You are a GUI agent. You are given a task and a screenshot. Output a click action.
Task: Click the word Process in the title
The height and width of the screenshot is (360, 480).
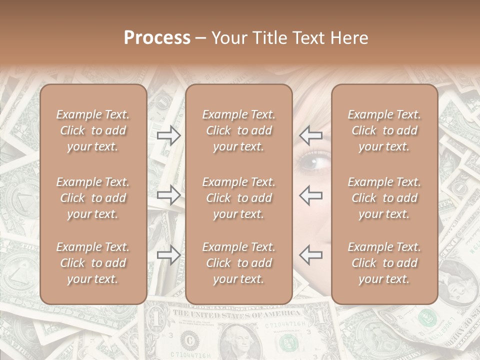[157, 38]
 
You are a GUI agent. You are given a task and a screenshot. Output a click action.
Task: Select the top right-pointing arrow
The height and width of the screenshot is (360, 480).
[169, 135]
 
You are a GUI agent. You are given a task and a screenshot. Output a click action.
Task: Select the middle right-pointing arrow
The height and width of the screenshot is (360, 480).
[169, 195]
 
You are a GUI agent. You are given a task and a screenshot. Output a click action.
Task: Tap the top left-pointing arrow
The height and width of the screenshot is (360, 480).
[311, 135]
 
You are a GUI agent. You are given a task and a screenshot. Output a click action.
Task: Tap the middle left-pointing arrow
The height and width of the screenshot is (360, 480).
[311, 195]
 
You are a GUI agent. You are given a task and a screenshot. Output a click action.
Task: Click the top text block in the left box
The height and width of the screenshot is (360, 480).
[93, 130]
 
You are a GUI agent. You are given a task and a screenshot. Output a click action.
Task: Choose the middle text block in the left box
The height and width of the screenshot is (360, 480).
[93, 198]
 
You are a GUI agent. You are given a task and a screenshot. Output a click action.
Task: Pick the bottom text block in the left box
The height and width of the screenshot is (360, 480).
[93, 263]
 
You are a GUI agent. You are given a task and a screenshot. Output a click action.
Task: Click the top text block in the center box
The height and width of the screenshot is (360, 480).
[238, 130]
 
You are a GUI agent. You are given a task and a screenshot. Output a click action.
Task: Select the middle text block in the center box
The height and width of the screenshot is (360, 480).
[238, 198]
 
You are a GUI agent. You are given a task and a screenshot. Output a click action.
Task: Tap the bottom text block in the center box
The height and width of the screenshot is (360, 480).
[238, 263]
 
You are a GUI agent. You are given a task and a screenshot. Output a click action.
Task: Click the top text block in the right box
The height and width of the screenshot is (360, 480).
[384, 130]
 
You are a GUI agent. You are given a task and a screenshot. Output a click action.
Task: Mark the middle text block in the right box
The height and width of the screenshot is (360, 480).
[384, 198]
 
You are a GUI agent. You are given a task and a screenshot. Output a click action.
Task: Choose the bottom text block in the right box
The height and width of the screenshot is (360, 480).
[384, 263]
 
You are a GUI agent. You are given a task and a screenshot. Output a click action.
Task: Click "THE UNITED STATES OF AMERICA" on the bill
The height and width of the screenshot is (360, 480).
[237, 314]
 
